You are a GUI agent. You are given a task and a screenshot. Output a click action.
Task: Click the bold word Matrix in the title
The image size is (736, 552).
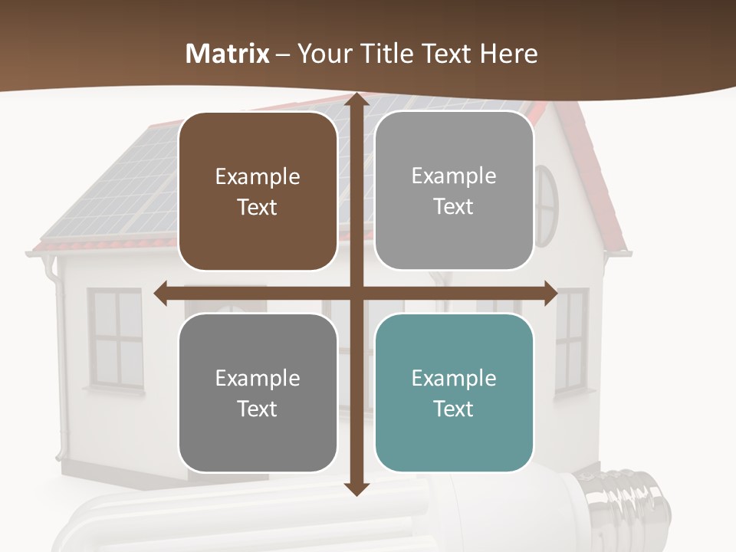tap(228, 54)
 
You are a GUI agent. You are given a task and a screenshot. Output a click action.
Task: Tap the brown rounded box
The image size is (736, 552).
tap(258, 192)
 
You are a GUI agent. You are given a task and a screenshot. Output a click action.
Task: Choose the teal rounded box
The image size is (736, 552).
tap(454, 393)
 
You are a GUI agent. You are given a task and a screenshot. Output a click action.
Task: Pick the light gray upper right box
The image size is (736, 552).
tap(454, 191)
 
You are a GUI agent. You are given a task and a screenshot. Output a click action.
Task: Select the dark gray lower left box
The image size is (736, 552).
tap(258, 393)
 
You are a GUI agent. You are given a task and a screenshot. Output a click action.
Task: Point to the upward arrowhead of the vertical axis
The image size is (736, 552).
tap(356, 102)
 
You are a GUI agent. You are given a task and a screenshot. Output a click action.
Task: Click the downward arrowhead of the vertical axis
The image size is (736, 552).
tap(356, 488)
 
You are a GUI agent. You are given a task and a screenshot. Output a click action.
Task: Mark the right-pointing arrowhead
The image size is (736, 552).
tap(550, 293)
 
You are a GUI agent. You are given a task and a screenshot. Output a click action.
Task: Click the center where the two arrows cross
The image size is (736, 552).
tap(356, 293)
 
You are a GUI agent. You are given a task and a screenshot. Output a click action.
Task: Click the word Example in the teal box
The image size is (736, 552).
tap(454, 378)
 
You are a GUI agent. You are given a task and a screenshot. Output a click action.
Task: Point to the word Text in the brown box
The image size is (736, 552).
tap(258, 208)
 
